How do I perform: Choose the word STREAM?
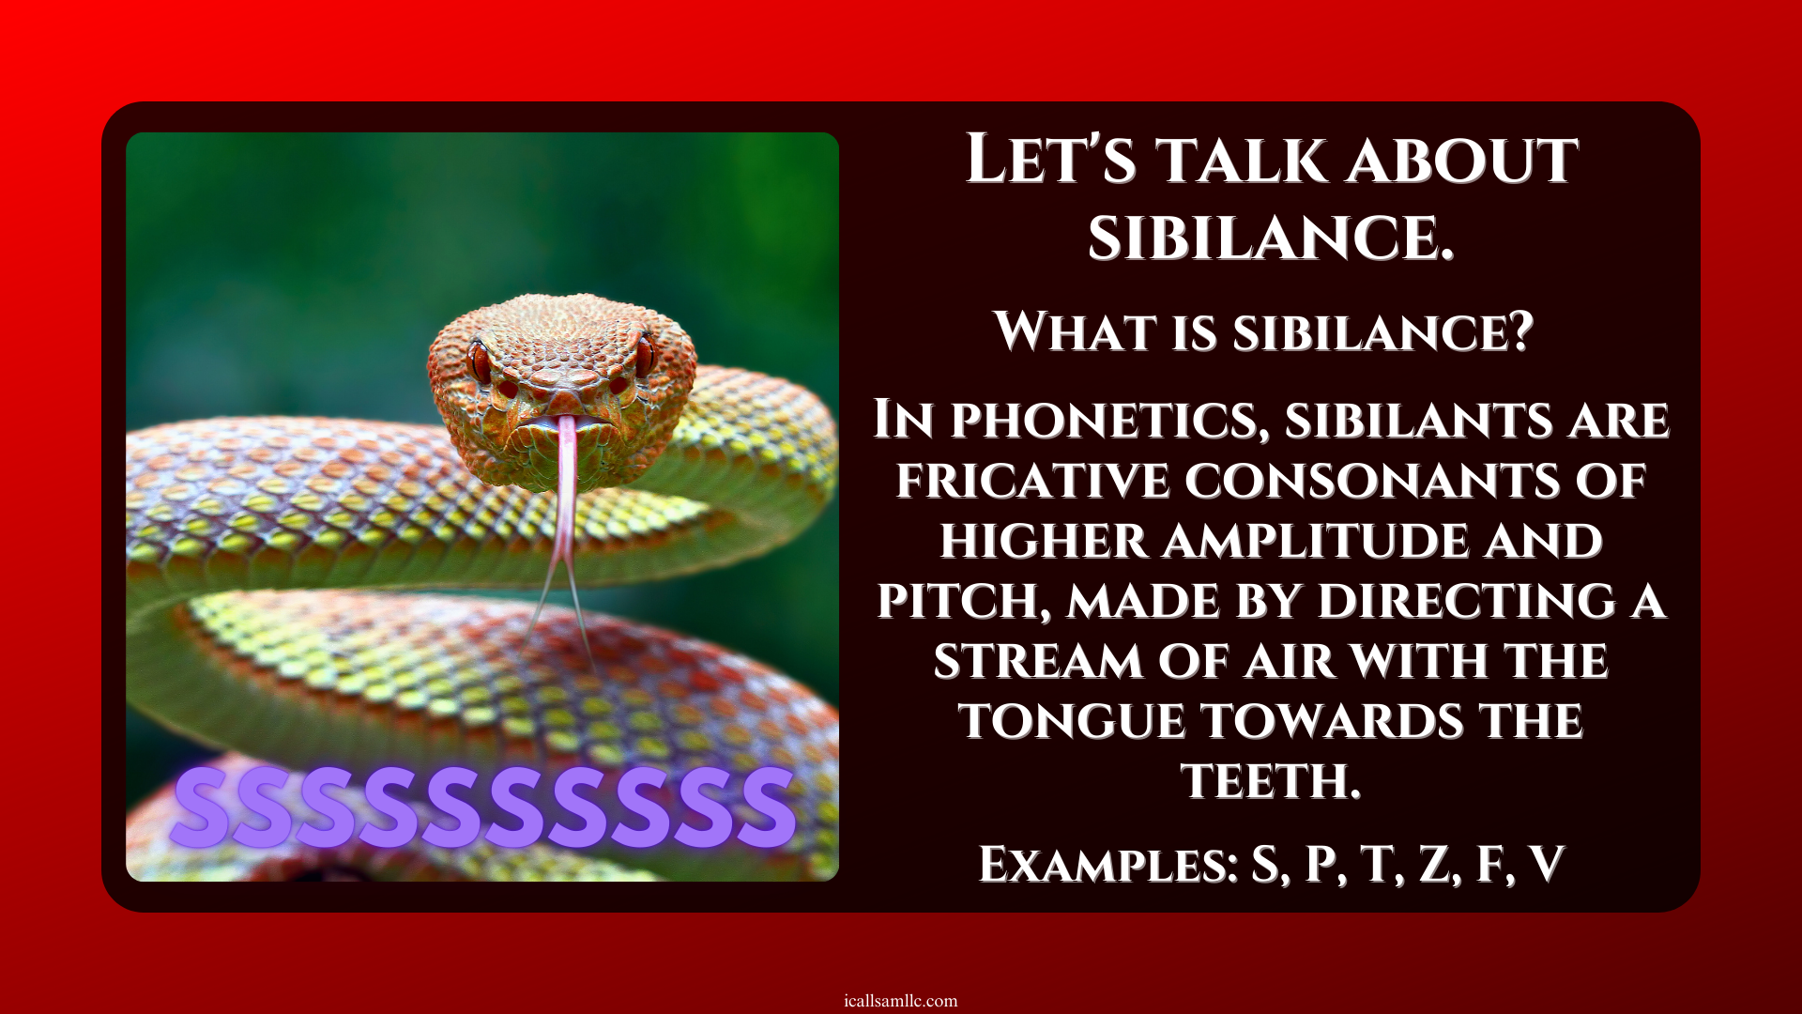point(1038,661)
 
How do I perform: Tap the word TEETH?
point(1271,781)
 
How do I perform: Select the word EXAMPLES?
point(1108,864)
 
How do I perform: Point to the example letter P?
point(1322,864)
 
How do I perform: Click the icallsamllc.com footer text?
point(901,1001)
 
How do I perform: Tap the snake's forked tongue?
point(564,526)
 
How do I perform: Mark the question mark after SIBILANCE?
point(1519,331)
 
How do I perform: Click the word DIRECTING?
point(1467,602)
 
